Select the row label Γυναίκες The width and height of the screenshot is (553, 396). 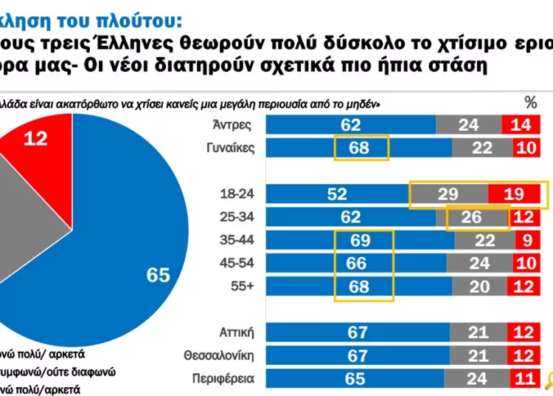(230, 148)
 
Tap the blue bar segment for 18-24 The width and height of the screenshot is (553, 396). (338, 194)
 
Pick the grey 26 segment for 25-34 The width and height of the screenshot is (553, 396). (476, 217)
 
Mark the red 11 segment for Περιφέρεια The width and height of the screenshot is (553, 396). (523, 379)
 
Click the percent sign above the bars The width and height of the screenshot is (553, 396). (530, 102)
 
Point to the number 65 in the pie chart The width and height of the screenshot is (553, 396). (158, 275)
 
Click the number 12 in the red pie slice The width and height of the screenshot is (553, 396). (35, 137)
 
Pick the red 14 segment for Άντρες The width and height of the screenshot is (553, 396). (521, 125)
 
